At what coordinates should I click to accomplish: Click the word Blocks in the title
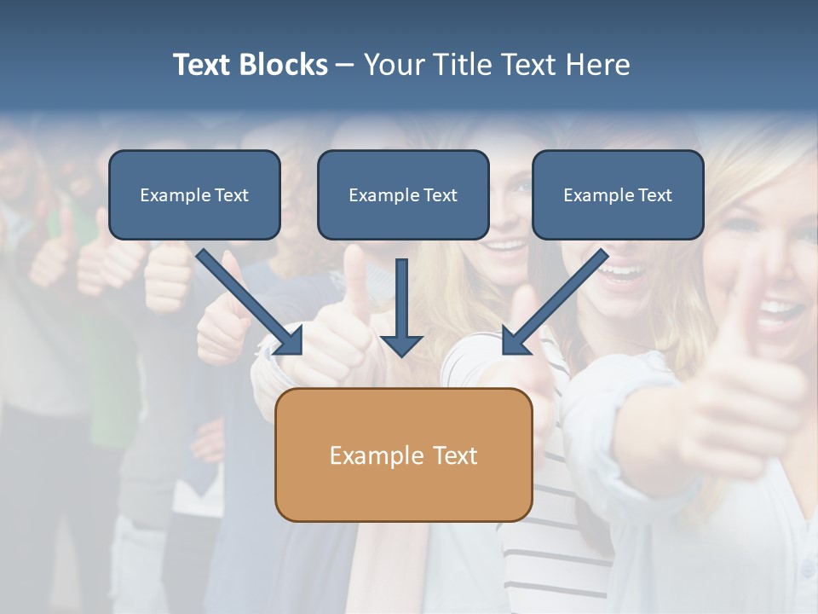pos(285,65)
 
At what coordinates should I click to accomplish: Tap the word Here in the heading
pos(597,65)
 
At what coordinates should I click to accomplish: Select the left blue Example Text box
pos(194,195)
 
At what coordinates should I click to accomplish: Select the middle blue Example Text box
pos(403,195)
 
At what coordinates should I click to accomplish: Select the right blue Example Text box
pos(618,195)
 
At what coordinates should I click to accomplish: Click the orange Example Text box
pos(403,455)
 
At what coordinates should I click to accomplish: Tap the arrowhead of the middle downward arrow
pos(402,345)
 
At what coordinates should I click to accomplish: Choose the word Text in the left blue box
pos(231,195)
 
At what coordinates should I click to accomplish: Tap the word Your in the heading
pos(392,65)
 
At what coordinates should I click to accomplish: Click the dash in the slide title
pos(345,66)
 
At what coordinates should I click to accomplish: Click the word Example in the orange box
pos(377,455)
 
